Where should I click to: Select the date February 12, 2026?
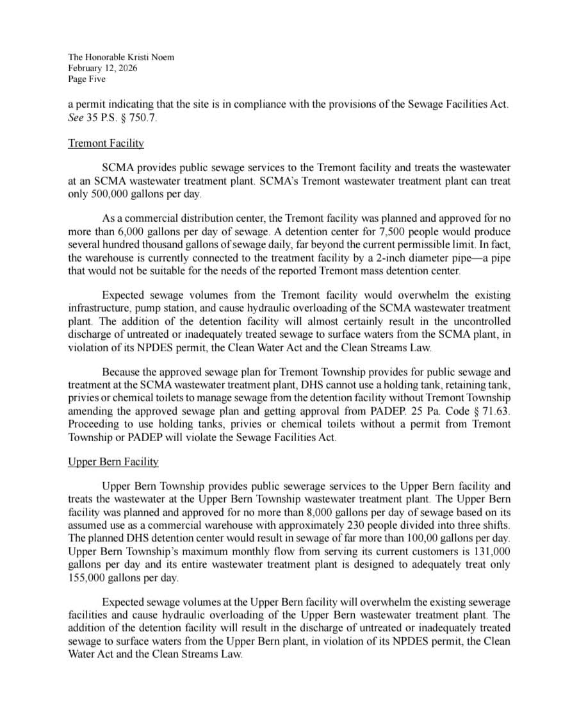102,69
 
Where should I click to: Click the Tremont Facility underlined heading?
106,143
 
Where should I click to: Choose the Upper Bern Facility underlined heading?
113,462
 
